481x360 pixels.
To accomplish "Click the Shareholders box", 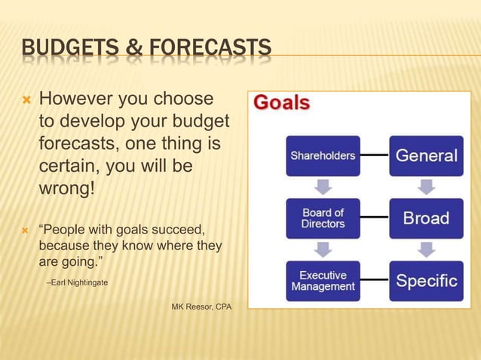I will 323,156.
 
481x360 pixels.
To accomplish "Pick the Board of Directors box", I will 323,218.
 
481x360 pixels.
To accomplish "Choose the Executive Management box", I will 323,280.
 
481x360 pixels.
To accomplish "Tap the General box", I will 427,156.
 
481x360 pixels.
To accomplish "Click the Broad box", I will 427,218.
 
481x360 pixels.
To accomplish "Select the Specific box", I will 427,280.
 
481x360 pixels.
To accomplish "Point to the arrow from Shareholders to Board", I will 323,187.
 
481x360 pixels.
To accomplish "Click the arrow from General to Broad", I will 427,187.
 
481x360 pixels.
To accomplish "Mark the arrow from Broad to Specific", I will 427,249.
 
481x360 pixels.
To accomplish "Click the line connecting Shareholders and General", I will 375,156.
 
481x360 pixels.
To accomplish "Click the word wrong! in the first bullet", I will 67,185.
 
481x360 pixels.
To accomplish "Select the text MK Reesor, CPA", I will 202,307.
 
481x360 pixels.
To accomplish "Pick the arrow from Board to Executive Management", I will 323,249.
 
